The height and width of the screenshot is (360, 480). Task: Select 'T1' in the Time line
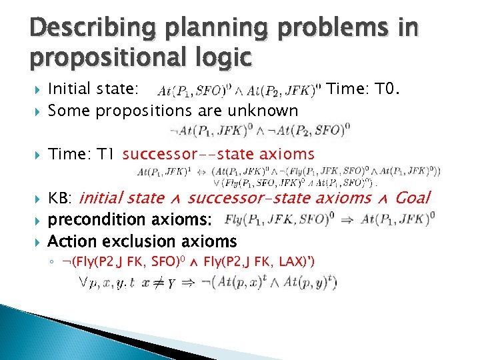tap(103, 155)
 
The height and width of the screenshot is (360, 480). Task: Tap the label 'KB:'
tap(62, 198)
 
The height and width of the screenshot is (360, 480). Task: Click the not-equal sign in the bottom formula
tap(161, 283)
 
